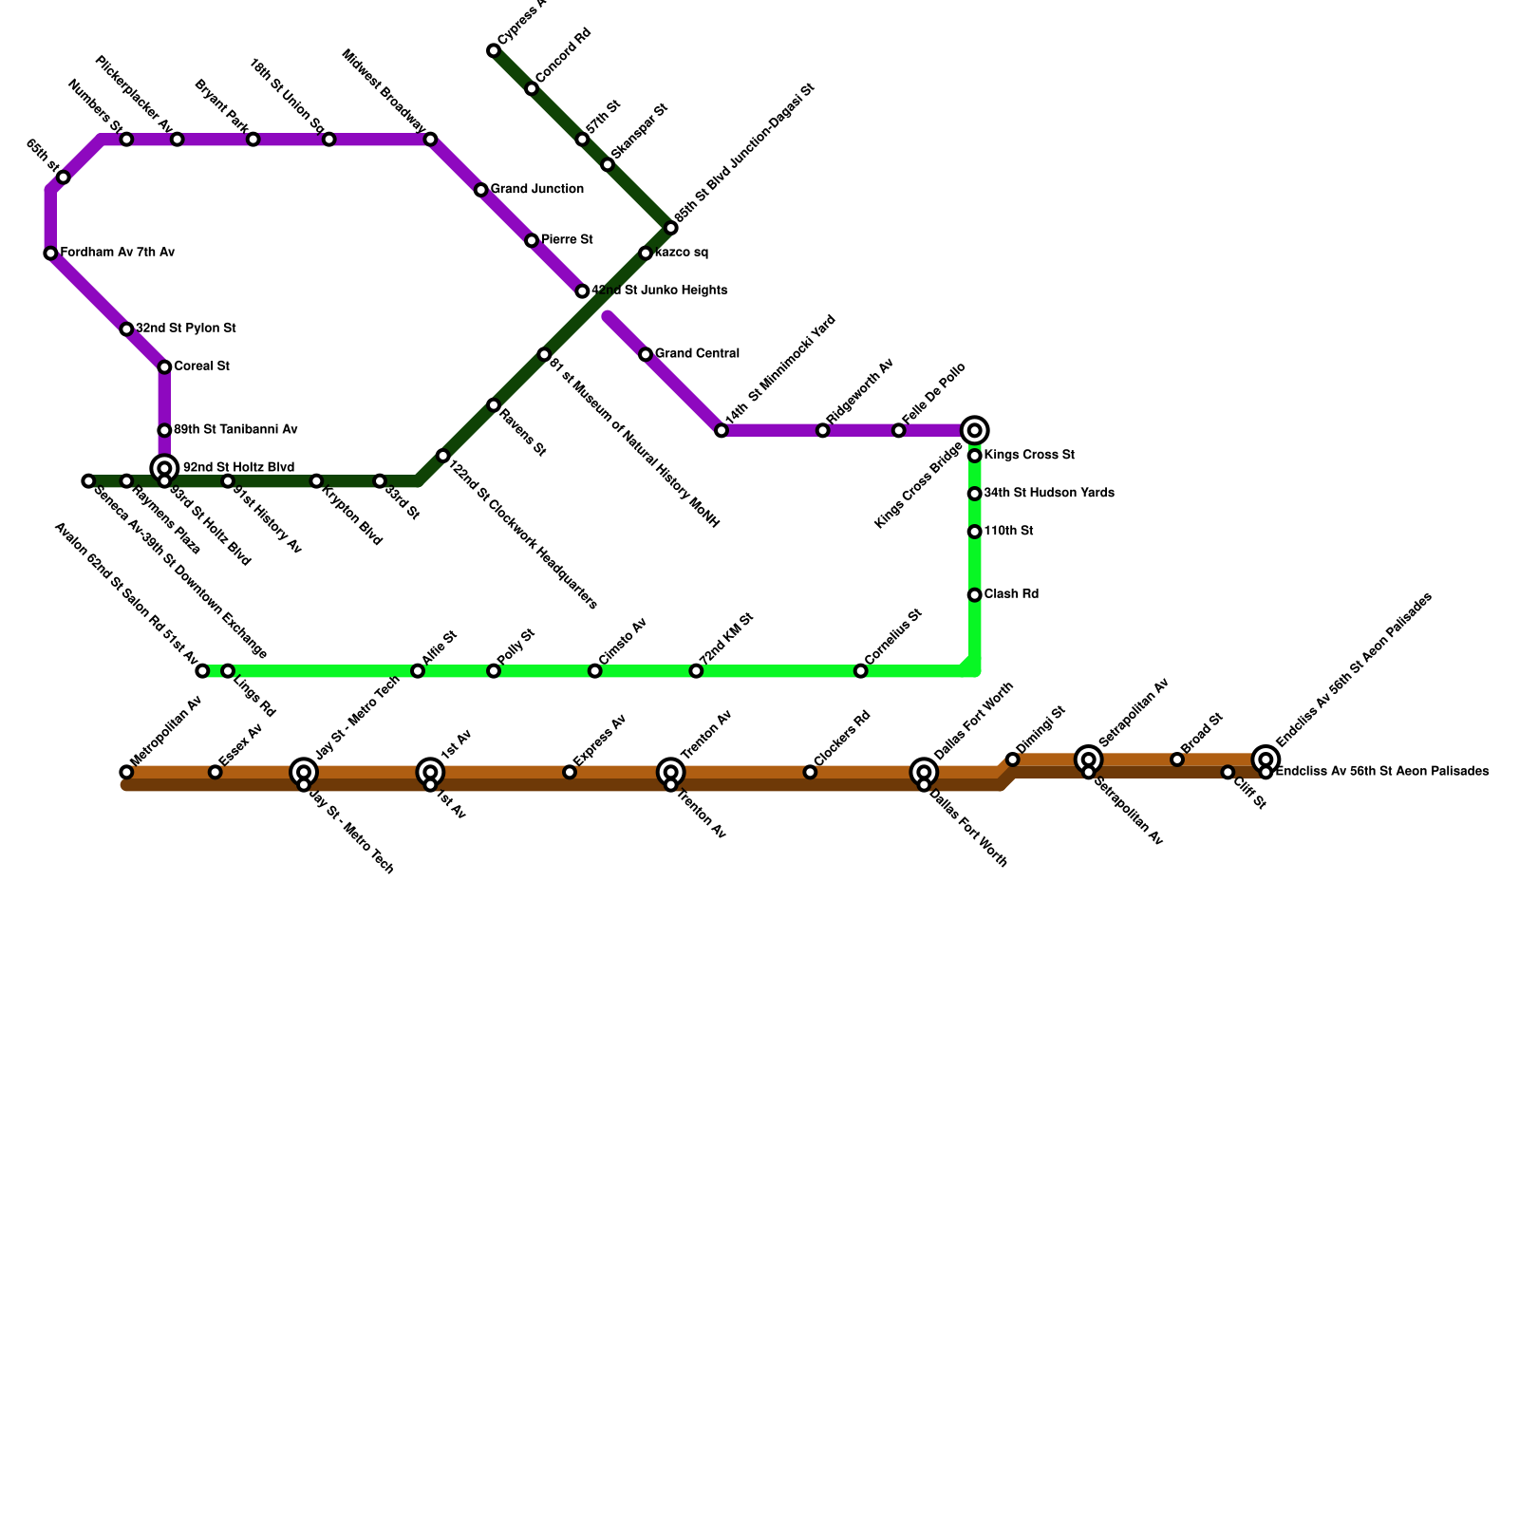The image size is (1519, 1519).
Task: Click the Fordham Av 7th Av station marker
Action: tap(50, 253)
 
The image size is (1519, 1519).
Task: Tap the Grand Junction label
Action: tap(536, 190)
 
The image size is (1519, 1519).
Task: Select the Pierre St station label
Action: tap(567, 240)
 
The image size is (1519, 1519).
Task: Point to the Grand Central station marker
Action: tap(646, 355)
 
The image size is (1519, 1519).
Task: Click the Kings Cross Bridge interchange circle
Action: tap(974, 431)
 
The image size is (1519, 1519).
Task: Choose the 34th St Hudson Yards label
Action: tap(1048, 494)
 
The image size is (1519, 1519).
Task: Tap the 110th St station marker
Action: tap(974, 532)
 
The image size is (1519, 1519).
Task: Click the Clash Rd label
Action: tap(1011, 595)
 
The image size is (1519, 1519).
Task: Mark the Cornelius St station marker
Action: tap(860, 671)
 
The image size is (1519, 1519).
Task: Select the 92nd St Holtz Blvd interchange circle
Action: tap(164, 468)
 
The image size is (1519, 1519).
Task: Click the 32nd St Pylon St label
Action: tap(185, 328)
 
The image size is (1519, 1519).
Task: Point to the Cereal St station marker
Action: tap(164, 367)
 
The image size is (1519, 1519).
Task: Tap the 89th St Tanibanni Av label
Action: tap(235, 430)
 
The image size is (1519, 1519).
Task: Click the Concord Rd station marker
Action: tap(532, 89)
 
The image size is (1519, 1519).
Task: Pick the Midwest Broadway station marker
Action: tap(430, 140)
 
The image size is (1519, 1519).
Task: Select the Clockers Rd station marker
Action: tap(810, 773)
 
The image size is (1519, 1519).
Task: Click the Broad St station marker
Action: tap(1177, 759)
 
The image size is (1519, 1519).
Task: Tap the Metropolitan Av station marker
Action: tap(126, 773)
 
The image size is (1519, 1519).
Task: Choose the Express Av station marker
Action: tap(570, 773)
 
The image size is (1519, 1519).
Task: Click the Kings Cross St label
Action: tap(1029, 456)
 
